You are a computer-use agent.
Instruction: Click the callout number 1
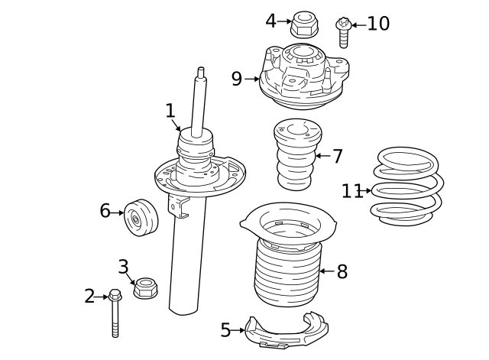(x=170, y=112)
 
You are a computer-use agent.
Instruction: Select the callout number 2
(x=89, y=296)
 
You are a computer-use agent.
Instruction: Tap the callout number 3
(x=123, y=267)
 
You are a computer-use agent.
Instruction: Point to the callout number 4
(x=270, y=21)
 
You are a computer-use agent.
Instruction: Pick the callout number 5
(x=225, y=330)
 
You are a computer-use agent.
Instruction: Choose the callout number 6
(x=105, y=210)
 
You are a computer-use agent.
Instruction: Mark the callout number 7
(x=337, y=157)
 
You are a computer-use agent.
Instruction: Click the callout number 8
(x=342, y=271)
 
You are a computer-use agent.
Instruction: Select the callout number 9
(x=236, y=78)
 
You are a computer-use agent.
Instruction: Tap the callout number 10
(x=378, y=24)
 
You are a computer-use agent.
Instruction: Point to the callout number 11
(x=351, y=190)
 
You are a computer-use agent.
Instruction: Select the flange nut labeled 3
(x=145, y=289)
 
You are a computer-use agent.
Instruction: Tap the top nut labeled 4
(x=304, y=24)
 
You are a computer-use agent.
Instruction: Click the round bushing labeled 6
(x=140, y=219)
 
